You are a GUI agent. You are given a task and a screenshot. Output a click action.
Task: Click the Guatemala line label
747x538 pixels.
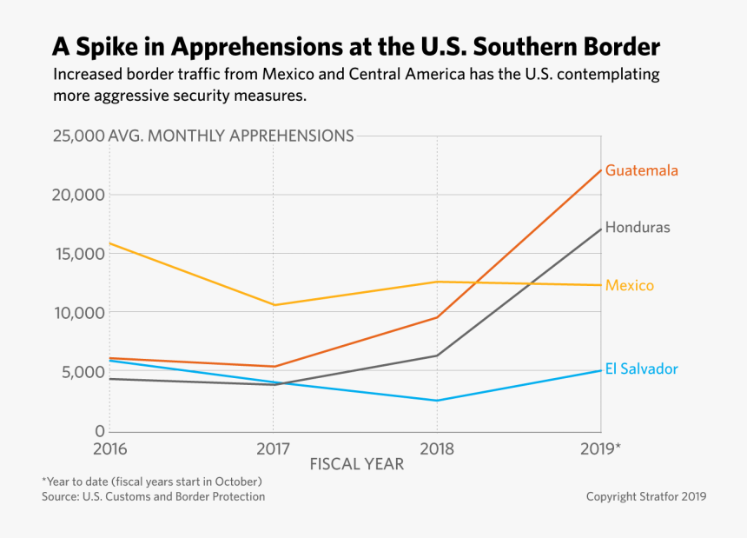coord(641,170)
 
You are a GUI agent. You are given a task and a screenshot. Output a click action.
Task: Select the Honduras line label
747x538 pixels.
coord(638,228)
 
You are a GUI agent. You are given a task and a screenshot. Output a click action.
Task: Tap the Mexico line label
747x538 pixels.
coord(630,286)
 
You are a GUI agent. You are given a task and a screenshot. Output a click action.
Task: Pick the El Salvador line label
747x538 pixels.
coord(641,369)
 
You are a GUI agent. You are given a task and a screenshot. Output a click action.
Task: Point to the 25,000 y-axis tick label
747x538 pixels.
coord(78,136)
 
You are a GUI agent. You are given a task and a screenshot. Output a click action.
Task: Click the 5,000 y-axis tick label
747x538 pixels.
coord(83,372)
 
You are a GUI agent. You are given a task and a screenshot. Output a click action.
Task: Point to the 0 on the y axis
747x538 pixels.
coord(99,431)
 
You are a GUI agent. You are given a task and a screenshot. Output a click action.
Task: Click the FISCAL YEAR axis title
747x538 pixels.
coord(356,464)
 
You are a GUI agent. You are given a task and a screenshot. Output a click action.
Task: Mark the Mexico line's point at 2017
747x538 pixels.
coord(274,305)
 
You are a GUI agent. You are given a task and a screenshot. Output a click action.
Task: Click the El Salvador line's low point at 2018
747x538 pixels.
coord(437,401)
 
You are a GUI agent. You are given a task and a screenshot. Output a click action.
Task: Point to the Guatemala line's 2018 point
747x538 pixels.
coord(437,317)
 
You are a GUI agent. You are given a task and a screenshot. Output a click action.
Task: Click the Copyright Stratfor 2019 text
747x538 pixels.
coord(645,497)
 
